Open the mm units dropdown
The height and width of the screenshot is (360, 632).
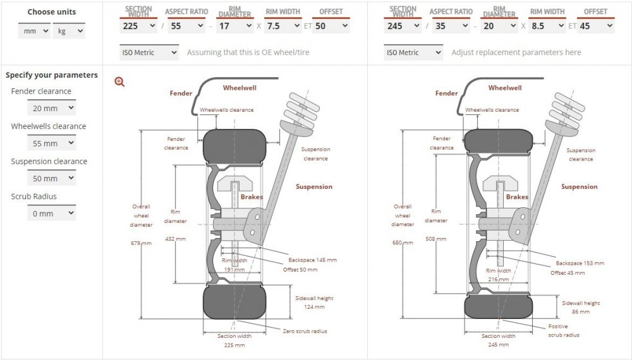tap(34, 31)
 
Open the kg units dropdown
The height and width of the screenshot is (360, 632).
tap(69, 31)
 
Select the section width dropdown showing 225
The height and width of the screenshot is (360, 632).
tap(138, 27)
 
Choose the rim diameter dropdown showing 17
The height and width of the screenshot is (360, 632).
tap(234, 27)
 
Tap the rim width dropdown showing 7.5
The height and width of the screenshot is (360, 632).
tap(283, 27)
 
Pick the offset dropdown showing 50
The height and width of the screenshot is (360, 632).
tap(331, 27)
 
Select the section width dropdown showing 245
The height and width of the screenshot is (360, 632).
tap(403, 27)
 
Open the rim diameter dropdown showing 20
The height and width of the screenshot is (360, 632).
tap(499, 27)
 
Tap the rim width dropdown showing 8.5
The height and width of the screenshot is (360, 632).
tap(547, 27)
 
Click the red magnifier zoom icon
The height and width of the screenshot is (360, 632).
tap(120, 81)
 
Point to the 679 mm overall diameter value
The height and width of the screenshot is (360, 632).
tap(142, 243)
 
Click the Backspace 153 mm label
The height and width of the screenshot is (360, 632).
tap(580, 263)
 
